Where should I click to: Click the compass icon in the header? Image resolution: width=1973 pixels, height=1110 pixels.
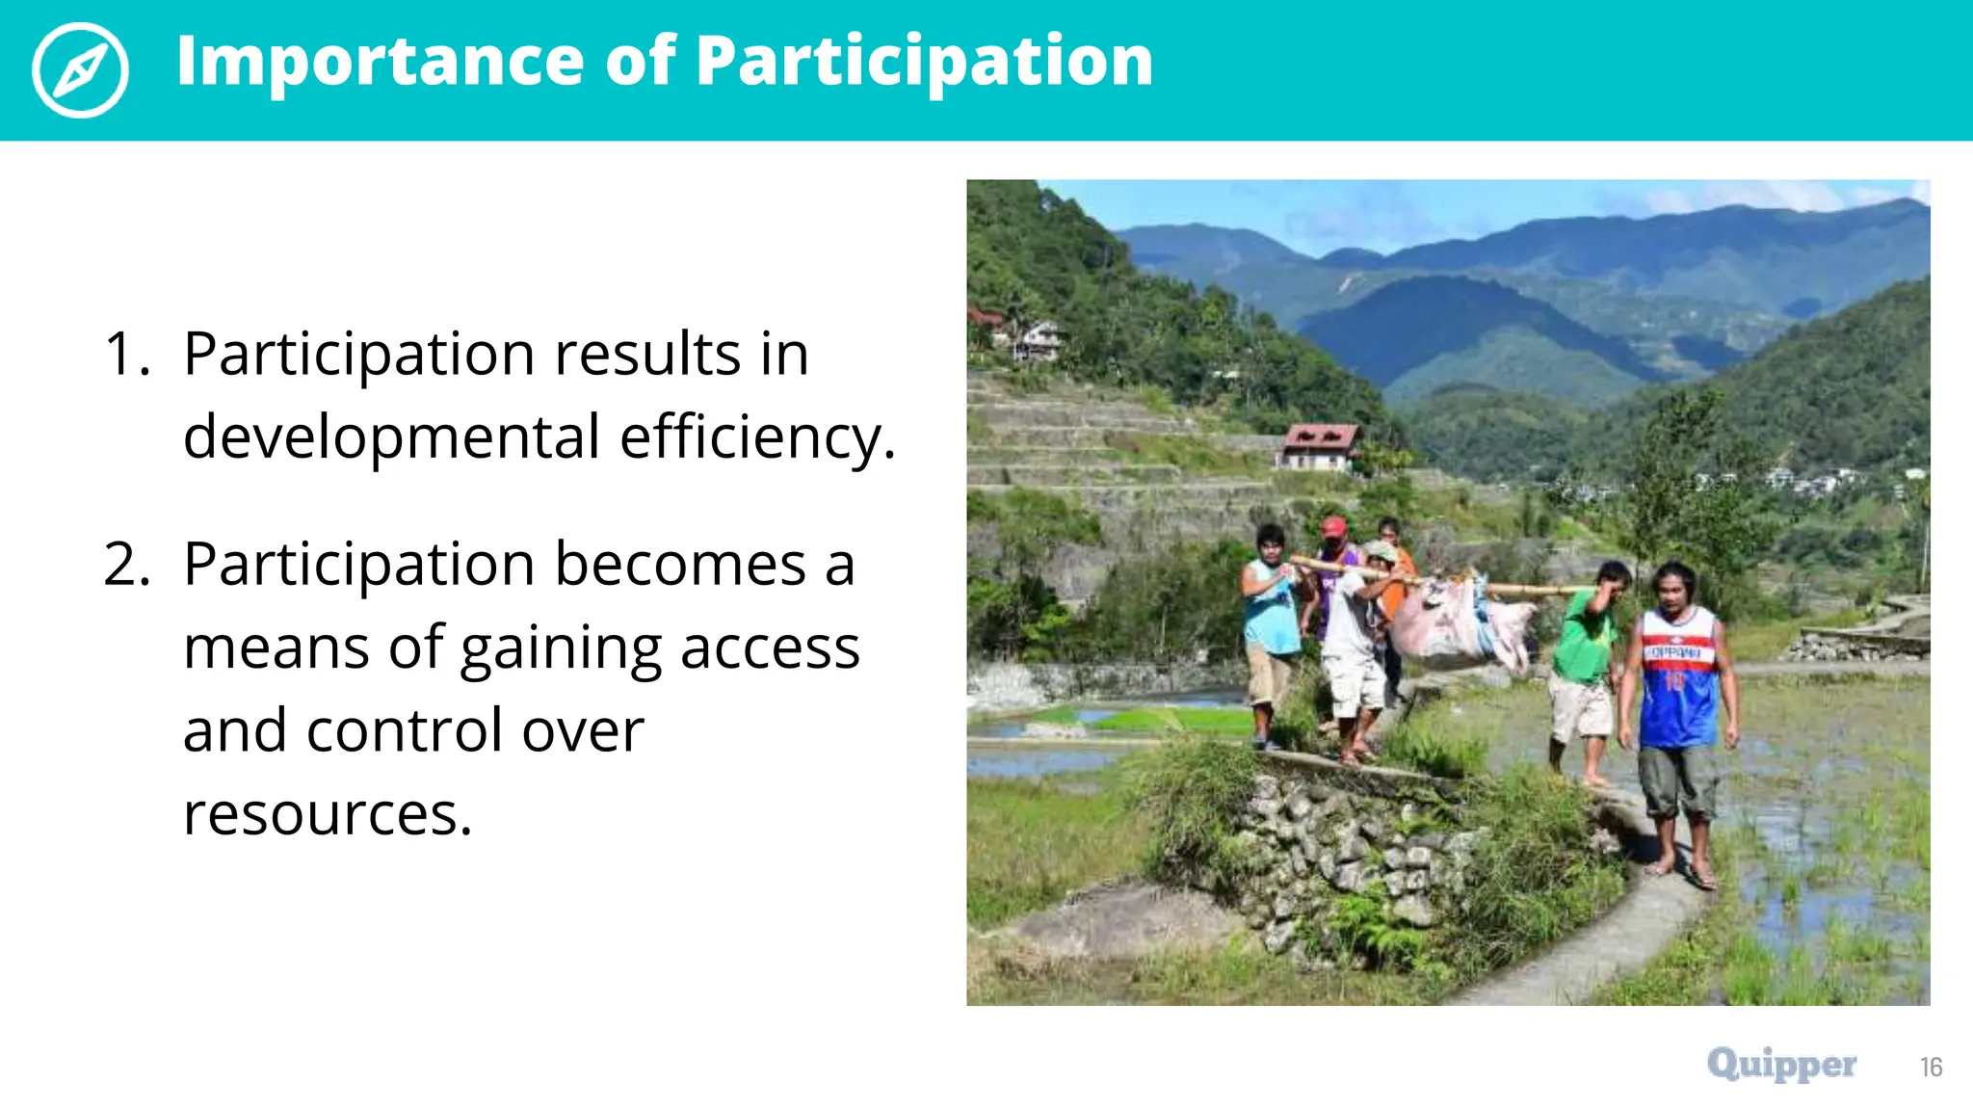80,70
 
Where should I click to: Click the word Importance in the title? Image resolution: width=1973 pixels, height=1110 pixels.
380,62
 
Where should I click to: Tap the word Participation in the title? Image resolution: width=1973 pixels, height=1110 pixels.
923,62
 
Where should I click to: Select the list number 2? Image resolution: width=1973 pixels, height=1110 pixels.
126,565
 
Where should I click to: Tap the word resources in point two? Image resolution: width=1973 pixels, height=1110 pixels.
327,815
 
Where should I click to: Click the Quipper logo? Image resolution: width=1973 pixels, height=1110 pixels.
1781,1065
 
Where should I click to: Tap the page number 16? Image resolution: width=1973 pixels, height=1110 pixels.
1931,1068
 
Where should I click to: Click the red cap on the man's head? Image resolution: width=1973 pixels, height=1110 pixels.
1333,526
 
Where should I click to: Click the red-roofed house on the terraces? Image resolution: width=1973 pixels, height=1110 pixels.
1318,446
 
